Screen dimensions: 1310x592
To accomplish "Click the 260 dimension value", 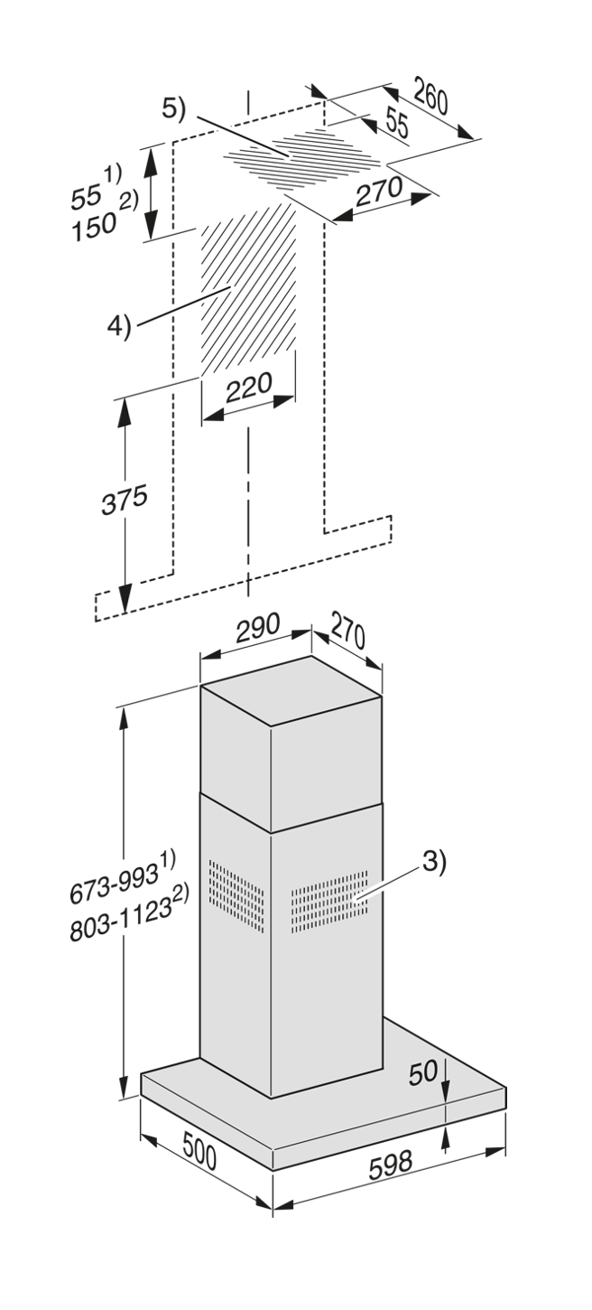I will point(431,97).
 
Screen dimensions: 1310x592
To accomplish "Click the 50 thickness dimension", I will point(423,1072).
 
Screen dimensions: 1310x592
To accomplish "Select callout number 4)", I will point(120,325).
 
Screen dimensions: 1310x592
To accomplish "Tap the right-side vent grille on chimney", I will point(329,897).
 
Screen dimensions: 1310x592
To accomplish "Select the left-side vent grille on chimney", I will point(236,895).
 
